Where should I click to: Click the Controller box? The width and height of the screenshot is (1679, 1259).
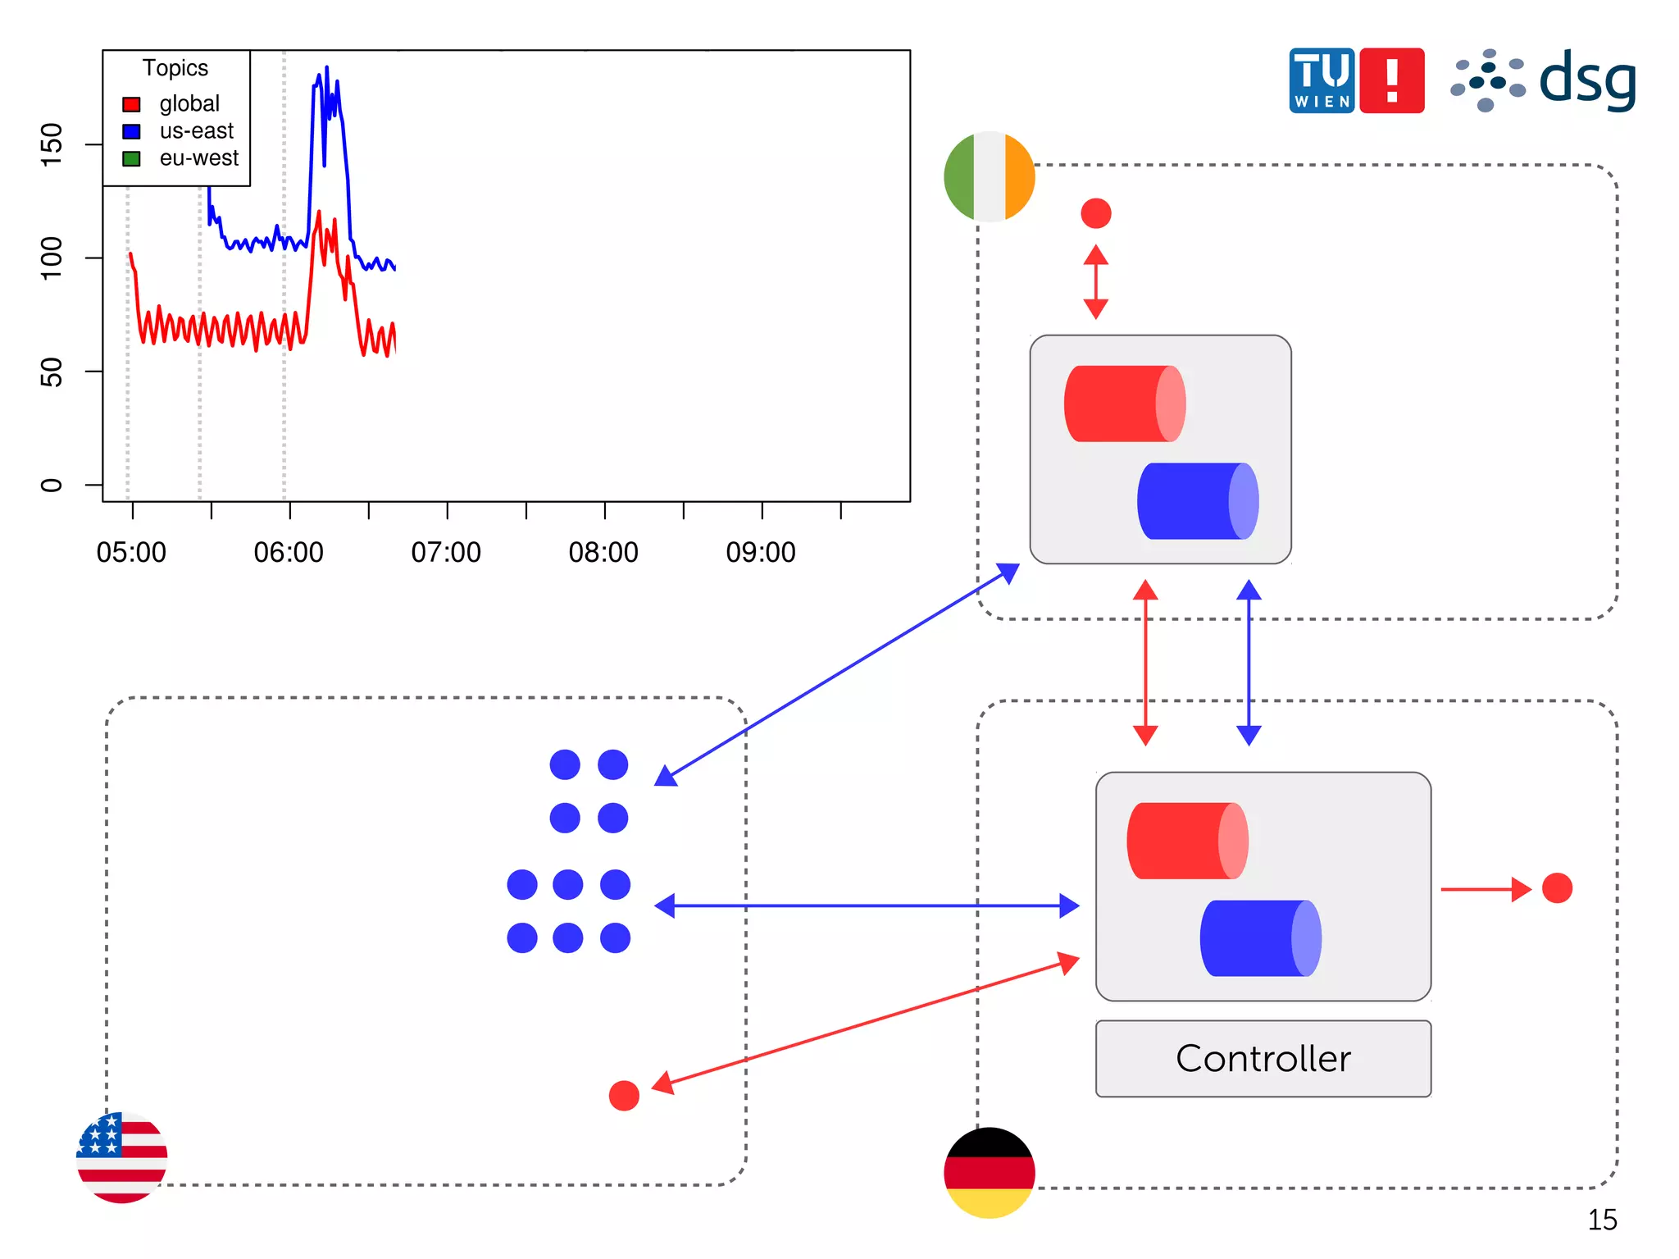pos(1263,1058)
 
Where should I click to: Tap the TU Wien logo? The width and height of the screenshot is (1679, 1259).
pos(1321,80)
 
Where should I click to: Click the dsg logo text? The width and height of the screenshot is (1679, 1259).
pos(1586,80)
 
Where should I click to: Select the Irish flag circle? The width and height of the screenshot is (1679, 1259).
pos(990,176)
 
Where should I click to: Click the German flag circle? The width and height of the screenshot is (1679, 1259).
pos(990,1172)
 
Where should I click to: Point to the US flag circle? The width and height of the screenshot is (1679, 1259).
pos(122,1157)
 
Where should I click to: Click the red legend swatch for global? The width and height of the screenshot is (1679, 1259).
pos(131,104)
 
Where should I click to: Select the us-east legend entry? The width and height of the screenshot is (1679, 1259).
pos(196,131)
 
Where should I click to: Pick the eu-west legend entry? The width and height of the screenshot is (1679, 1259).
pos(198,158)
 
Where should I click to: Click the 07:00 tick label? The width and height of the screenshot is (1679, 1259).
pos(446,552)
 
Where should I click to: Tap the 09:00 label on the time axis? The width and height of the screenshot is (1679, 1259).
pos(761,552)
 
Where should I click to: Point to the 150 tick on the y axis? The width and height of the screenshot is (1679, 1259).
pos(51,144)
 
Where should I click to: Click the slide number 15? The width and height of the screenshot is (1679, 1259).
pos(1602,1220)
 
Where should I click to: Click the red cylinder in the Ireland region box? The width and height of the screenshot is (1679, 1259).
pos(1124,404)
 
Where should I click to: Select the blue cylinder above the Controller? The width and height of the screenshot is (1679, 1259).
pos(1260,938)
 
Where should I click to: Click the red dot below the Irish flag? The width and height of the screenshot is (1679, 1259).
pos(1096,213)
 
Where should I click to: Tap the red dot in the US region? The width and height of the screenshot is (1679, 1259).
pos(624,1095)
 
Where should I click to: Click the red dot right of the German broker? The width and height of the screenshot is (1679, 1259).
pos(1557,888)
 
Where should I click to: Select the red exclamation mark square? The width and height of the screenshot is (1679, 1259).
pos(1391,80)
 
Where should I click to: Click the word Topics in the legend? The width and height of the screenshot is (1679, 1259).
pos(175,68)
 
